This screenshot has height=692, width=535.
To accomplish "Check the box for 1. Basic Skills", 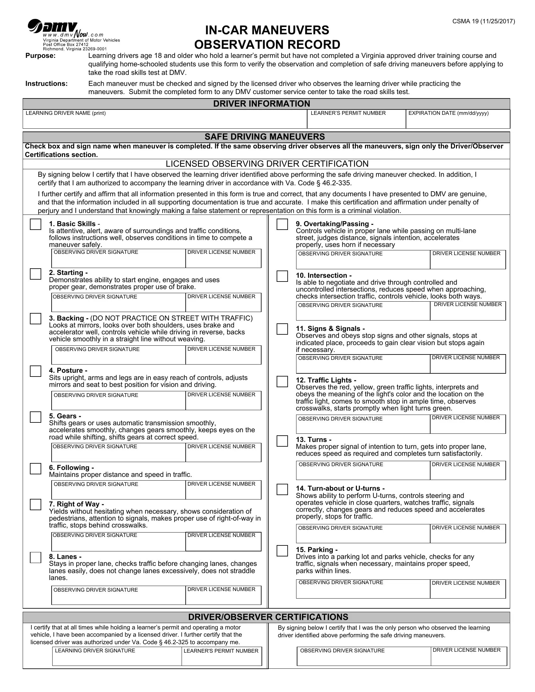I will [x=36, y=224].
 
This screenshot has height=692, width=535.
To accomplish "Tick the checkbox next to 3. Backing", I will [x=36, y=318].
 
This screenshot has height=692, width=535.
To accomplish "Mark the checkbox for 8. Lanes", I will [x=36, y=557].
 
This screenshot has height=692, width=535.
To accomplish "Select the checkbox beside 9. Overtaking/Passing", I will [x=282, y=224].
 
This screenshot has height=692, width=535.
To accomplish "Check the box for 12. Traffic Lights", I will [x=282, y=382].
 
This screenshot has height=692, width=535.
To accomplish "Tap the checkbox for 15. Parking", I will [x=282, y=551].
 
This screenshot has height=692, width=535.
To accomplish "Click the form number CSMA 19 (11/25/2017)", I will [x=483, y=21].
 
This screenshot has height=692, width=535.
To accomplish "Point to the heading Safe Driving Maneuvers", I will [x=265, y=137].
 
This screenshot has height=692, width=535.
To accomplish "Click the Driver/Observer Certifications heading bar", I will [x=268, y=617].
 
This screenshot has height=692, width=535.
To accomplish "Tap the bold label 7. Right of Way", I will [x=76, y=504].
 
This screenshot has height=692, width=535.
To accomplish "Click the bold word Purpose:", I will [x=41, y=56].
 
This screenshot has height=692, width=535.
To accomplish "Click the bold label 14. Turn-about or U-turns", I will [x=340, y=488].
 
